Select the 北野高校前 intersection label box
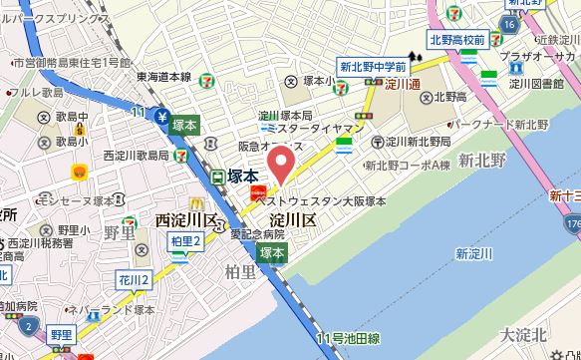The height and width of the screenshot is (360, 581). coord(457,40)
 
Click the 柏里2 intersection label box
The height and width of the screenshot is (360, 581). coord(186,240)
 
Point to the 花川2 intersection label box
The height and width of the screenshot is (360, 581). coord(133,279)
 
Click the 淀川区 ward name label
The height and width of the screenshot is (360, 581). coord(292,218)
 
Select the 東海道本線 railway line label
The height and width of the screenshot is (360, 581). coord(164,76)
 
